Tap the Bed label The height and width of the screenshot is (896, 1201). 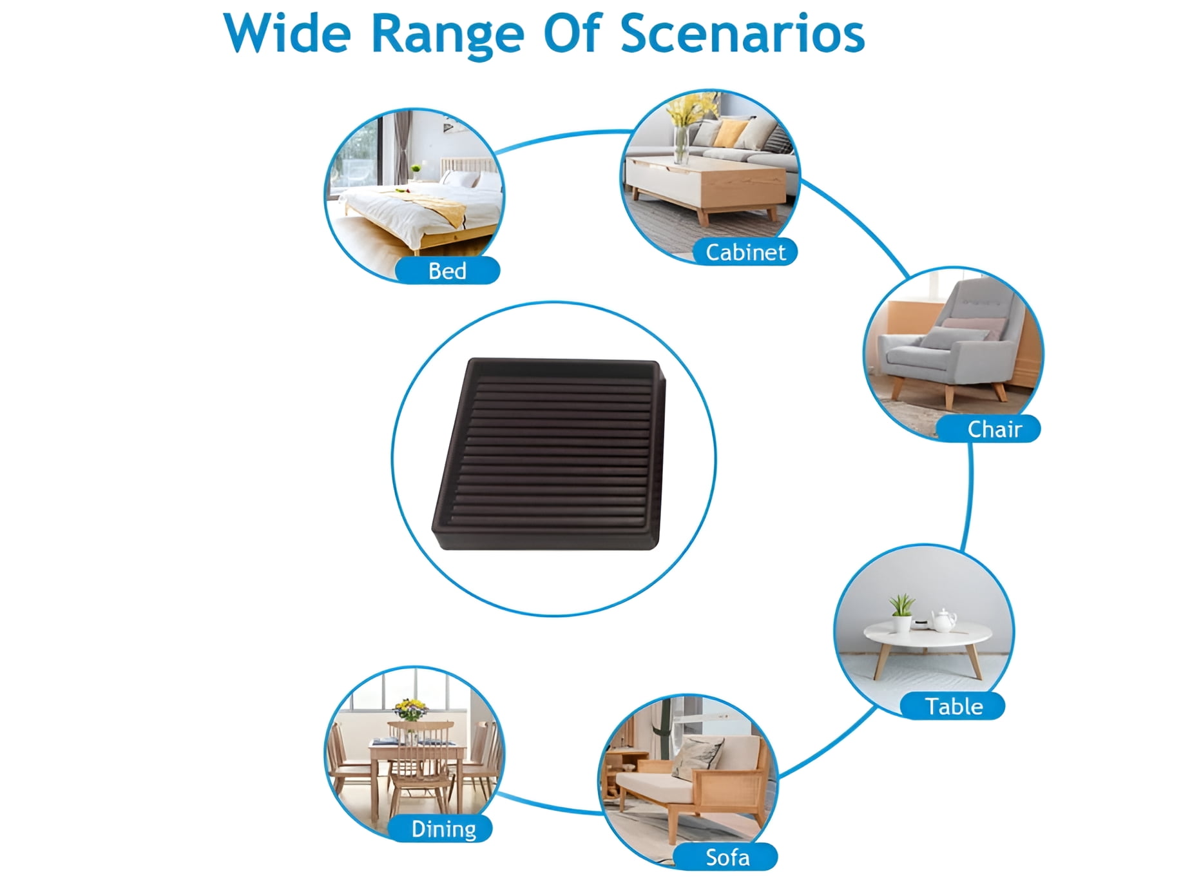click(x=447, y=271)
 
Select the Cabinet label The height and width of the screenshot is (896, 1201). click(x=745, y=252)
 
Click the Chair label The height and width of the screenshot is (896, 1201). click(x=994, y=429)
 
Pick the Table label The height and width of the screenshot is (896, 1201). click(x=954, y=706)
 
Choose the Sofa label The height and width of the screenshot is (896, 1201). click(x=727, y=857)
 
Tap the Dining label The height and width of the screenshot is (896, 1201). click(x=443, y=829)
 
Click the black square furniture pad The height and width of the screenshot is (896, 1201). click(x=549, y=454)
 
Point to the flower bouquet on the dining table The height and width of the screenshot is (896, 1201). click(x=410, y=710)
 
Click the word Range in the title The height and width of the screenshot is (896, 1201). click(x=447, y=35)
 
